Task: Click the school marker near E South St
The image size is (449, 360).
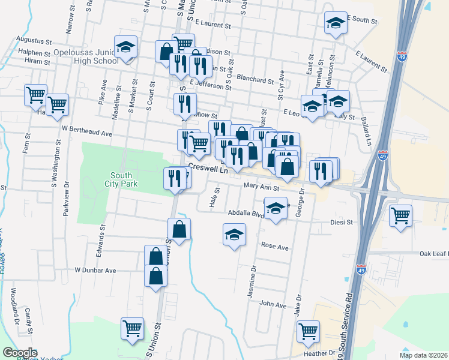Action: (x=336, y=25)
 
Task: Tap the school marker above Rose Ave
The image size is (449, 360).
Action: (x=235, y=235)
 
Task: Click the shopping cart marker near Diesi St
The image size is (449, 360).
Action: (x=400, y=215)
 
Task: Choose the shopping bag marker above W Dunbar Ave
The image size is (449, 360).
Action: (x=155, y=257)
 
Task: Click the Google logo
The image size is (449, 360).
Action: (x=20, y=353)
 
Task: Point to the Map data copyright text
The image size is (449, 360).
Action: (x=424, y=355)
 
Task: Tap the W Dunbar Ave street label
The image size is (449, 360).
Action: (x=95, y=271)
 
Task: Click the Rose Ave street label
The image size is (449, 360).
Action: (x=275, y=246)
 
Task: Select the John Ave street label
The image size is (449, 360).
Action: (x=273, y=305)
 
